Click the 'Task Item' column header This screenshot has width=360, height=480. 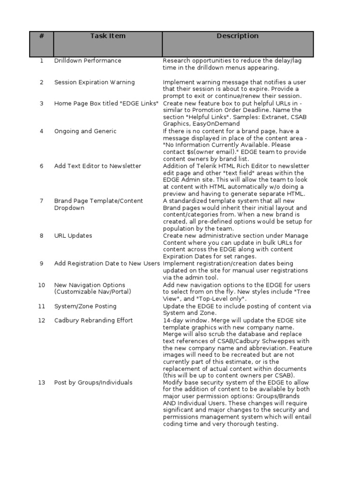coord(108,36)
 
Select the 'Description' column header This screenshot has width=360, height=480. coord(237,36)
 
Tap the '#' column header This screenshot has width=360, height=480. coord(41,36)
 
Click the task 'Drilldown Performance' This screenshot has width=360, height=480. coord(88,61)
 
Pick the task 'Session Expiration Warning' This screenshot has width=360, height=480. coord(94,82)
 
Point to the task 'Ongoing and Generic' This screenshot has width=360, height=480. coord(85,131)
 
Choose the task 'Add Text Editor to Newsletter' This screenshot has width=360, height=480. coord(97,166)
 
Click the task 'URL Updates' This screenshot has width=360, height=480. coord(73,236)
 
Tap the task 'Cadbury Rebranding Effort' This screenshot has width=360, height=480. coord(93,321)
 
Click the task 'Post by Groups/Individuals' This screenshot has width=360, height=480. coord(93,383)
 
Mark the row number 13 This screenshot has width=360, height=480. coord(41,383)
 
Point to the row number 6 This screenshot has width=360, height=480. coord(41,166)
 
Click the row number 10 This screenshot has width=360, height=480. coord(41,285)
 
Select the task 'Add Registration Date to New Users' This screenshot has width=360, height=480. coord(107,263)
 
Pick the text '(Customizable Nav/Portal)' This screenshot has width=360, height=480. coord(93,292)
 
